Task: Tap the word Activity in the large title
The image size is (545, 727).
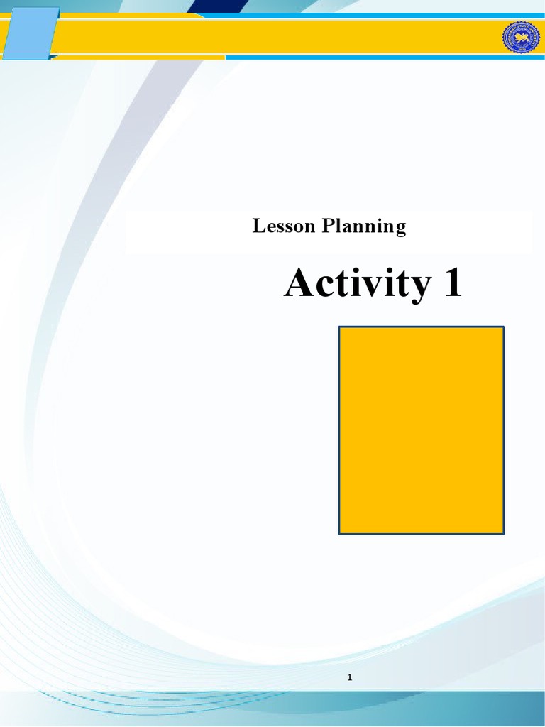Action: (357, 285)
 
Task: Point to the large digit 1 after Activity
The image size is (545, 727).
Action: (451, 284)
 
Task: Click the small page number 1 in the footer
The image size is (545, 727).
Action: (350, 678)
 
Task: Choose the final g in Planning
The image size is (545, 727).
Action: (401, 229)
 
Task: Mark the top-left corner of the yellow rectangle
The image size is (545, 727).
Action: (339, 327)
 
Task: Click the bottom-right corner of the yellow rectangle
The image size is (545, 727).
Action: (503, 532)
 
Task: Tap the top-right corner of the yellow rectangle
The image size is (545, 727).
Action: (503, 327)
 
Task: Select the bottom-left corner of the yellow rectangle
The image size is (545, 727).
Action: (339, 532)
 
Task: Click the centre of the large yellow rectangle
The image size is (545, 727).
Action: (422, 430)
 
